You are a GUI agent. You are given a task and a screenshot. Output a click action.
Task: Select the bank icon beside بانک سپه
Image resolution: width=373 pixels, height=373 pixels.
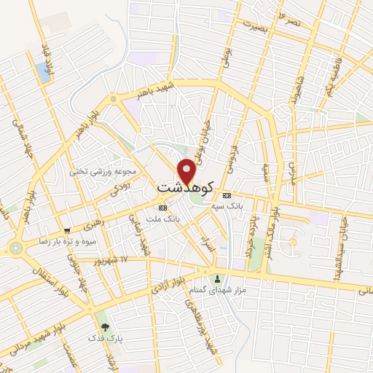click(x=226, y=195)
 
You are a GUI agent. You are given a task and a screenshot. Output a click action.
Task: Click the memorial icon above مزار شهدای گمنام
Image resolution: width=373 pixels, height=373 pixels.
click(x=216, y=279)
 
